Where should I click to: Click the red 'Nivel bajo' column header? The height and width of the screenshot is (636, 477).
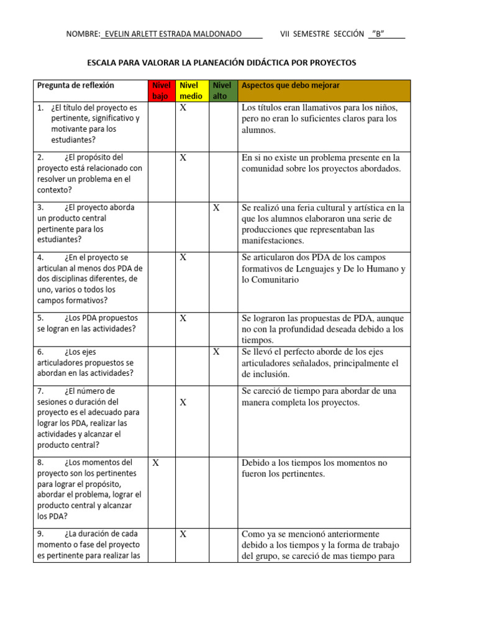[x=161, y=91]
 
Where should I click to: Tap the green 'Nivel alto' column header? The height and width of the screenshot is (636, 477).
[x=222, y=91]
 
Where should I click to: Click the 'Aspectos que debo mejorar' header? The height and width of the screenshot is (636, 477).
[x=290, y=85]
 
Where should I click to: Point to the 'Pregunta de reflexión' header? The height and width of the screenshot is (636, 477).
[x=76, y=85]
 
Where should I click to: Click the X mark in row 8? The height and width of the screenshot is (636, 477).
[x=156, y=463]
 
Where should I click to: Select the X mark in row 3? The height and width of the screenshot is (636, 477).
[x=216, y=208]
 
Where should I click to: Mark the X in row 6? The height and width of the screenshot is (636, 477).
[x=216, y=352]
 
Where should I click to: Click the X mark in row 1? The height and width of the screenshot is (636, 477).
[x=183, y=108]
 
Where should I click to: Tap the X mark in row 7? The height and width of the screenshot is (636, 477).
[x=183, y=402]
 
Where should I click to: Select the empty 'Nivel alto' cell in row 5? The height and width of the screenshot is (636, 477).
[x=222, y=328]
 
